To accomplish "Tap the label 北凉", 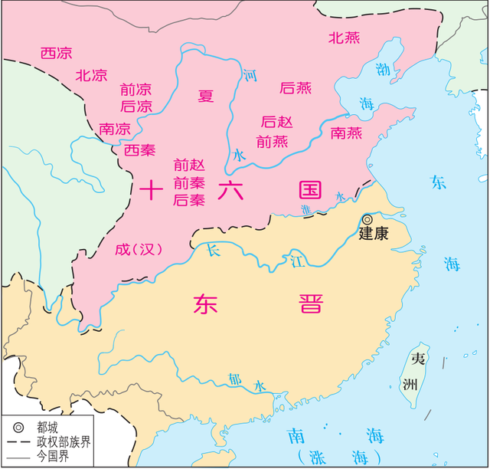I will point(91,74).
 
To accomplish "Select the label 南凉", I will point(114,128).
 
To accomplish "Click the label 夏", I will point(206,96).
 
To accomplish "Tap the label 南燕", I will point(346,133).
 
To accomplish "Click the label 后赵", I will point(276,122).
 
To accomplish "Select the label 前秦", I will point(189,182).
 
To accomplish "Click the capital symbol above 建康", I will point(367,219).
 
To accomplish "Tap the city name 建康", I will point(374,235).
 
